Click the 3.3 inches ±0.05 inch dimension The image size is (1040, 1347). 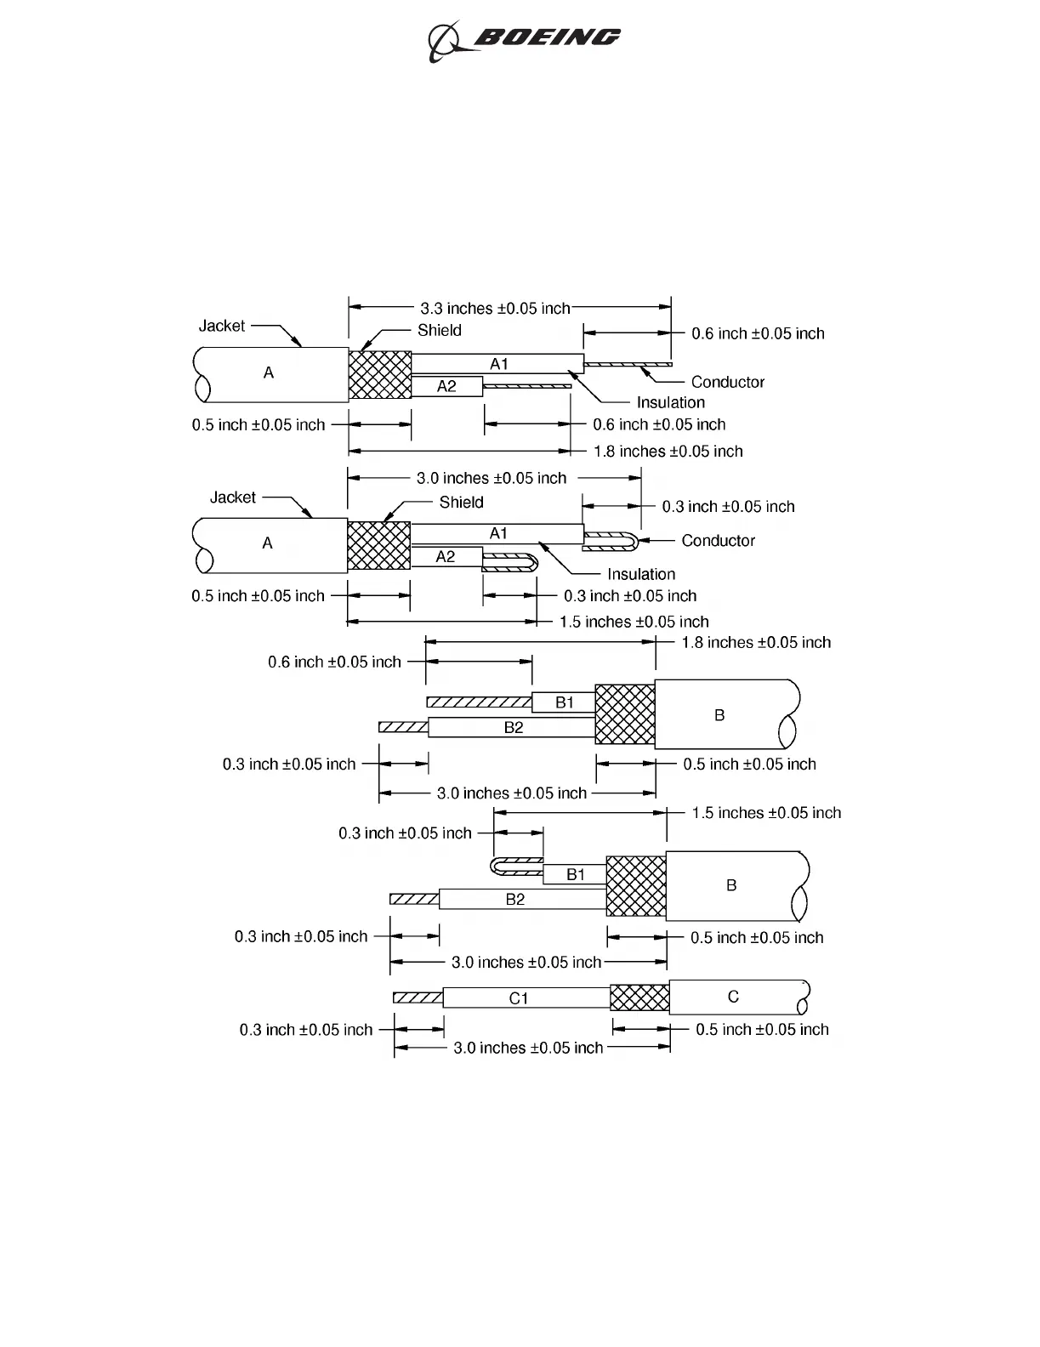click(x=495, y=308)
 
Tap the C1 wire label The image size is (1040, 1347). click(x=519, y=998)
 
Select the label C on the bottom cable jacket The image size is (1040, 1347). click(x=733, y=997)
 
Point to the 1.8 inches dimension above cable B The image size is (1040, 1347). click(x=756, y=643)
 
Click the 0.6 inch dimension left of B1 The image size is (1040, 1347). click(x=334, y=662)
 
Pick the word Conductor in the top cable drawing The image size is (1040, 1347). click(x=727, y=382)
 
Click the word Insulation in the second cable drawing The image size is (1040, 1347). click(x=640, y=574)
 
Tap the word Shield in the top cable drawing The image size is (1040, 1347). click(x=439, y=330)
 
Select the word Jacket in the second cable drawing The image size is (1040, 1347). click(x=232, y=497)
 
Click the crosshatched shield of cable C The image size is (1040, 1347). click(x=639, y=997)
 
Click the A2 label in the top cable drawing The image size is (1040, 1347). click(x=446, y=386)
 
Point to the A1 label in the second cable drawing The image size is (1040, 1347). click(x=498, y=533)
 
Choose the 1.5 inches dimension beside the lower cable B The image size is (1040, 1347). click(x=766, y=813)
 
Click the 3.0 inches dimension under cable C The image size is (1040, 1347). click(x=528, y=1048)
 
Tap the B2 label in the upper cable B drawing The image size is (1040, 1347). click(x=514, y=728)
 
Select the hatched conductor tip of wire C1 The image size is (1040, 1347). click(x=418, y=997)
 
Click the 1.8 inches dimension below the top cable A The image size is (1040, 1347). click(x=668, y=452)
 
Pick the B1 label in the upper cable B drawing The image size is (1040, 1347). click(x=565, y=702)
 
